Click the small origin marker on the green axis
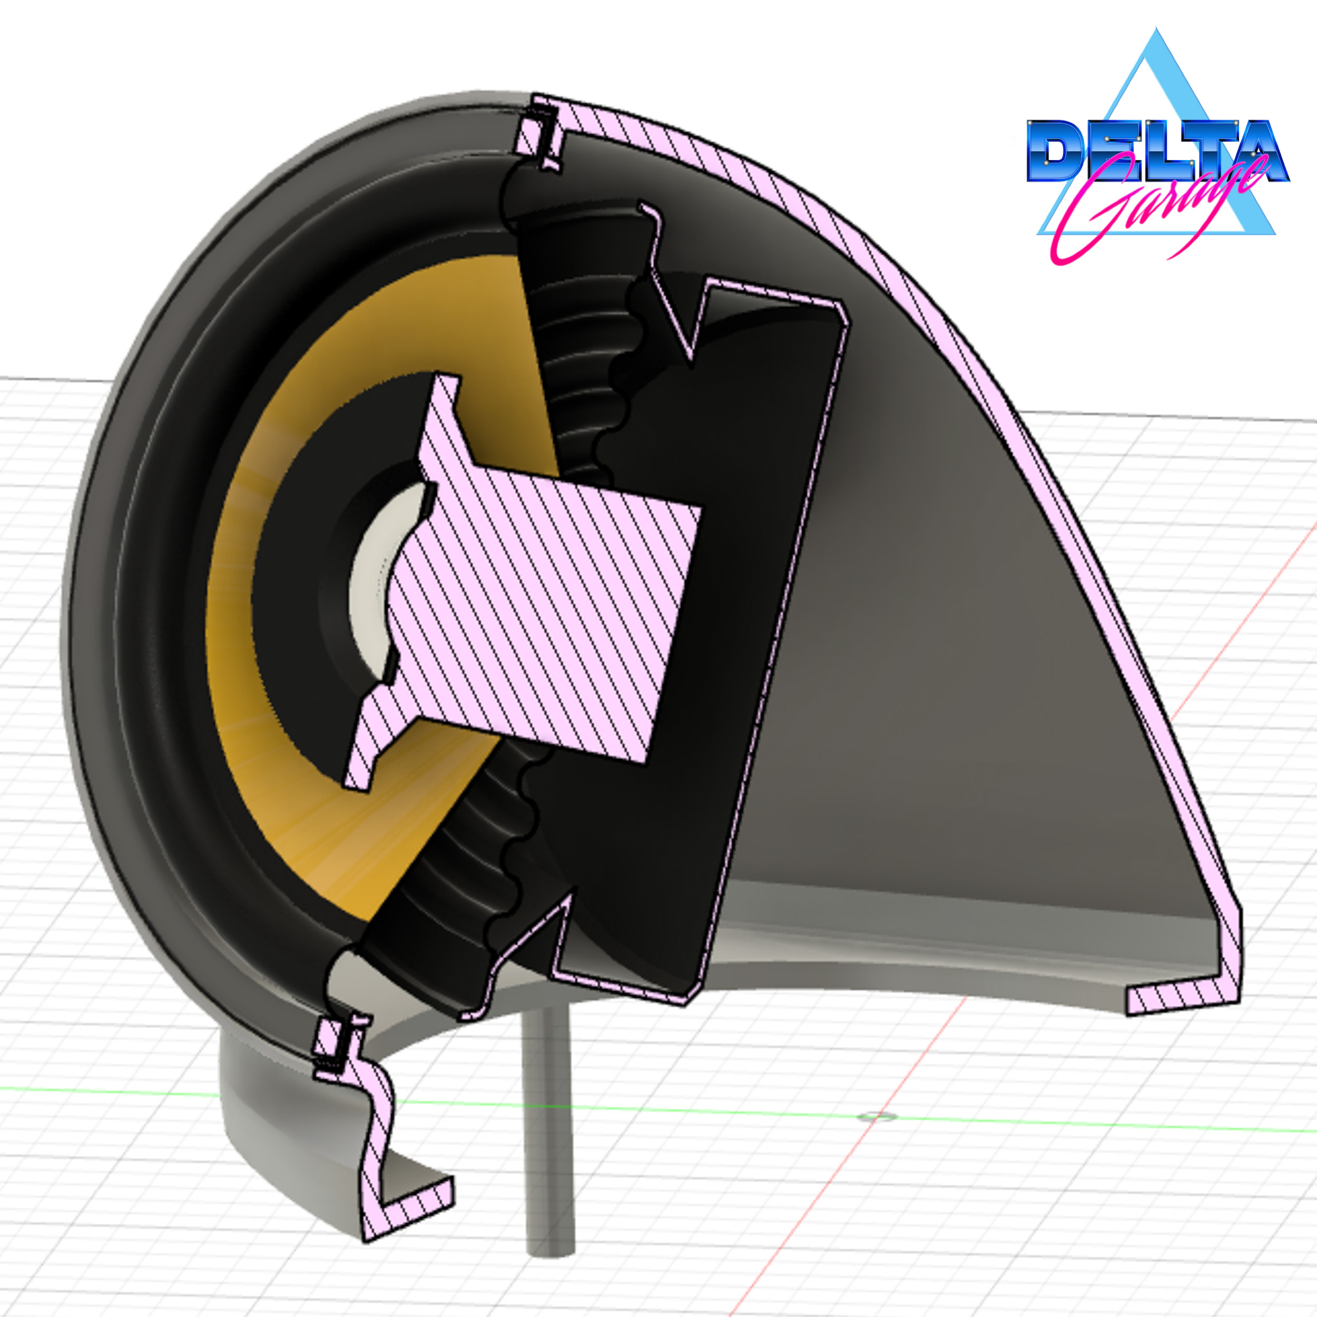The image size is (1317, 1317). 877,1117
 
